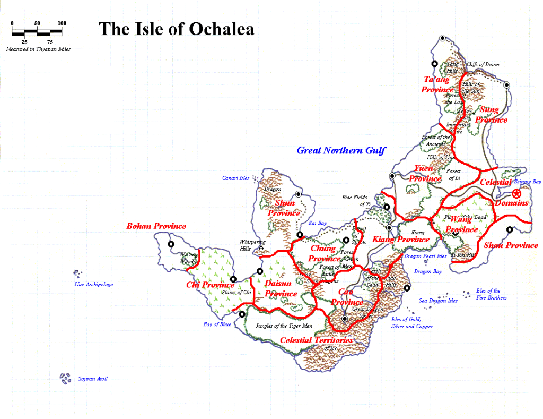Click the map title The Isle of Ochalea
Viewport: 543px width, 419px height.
[176, 29]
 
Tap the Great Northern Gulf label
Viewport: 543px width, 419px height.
[341, 150]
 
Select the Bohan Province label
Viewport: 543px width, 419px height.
[156, 226]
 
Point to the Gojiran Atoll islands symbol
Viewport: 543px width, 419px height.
[65, 378]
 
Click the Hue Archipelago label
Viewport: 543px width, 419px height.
[93, 285]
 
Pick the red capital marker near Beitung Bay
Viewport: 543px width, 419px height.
[516, 194]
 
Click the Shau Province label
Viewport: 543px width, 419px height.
[511, 245]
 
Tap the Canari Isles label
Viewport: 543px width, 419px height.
[235, 178]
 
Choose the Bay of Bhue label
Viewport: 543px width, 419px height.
[217, 324]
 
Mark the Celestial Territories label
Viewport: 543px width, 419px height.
[316, 340]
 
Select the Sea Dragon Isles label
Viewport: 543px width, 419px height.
[438, 301]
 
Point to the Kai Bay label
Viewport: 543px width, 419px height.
[317, 223]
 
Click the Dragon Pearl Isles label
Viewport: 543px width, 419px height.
[425, 256]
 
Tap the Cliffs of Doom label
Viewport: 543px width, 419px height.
[483, 65]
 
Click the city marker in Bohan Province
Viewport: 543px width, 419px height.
[171, 244]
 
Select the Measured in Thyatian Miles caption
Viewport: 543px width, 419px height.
[38, 49]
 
